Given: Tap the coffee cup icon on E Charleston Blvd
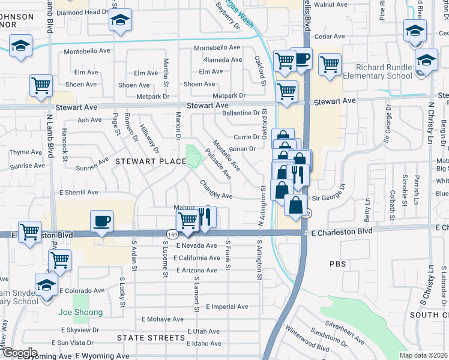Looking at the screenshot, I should point(101,221).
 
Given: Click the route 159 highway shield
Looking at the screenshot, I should point(172,232).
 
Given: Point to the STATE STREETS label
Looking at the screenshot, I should point(151,338).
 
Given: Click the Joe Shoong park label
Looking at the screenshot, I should point(80,312).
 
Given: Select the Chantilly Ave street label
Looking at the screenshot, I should point(216,190).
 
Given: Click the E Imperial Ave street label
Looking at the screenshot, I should point(227,307).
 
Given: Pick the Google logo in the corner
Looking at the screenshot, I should point(19,353).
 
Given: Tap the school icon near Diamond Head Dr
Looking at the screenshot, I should point(120,20).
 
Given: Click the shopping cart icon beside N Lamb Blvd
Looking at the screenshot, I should point(41,86).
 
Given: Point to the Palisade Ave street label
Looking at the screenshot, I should point(218,164).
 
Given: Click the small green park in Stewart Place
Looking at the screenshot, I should point(193,157).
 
